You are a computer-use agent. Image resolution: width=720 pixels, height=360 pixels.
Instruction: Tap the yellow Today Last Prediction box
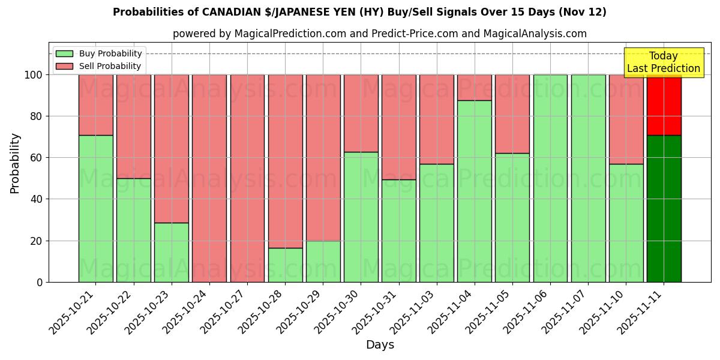663,62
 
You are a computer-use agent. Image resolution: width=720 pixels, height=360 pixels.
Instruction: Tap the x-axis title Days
380,345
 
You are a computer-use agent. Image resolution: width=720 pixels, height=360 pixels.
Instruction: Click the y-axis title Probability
15,163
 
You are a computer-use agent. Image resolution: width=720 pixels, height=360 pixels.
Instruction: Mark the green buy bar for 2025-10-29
323,261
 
